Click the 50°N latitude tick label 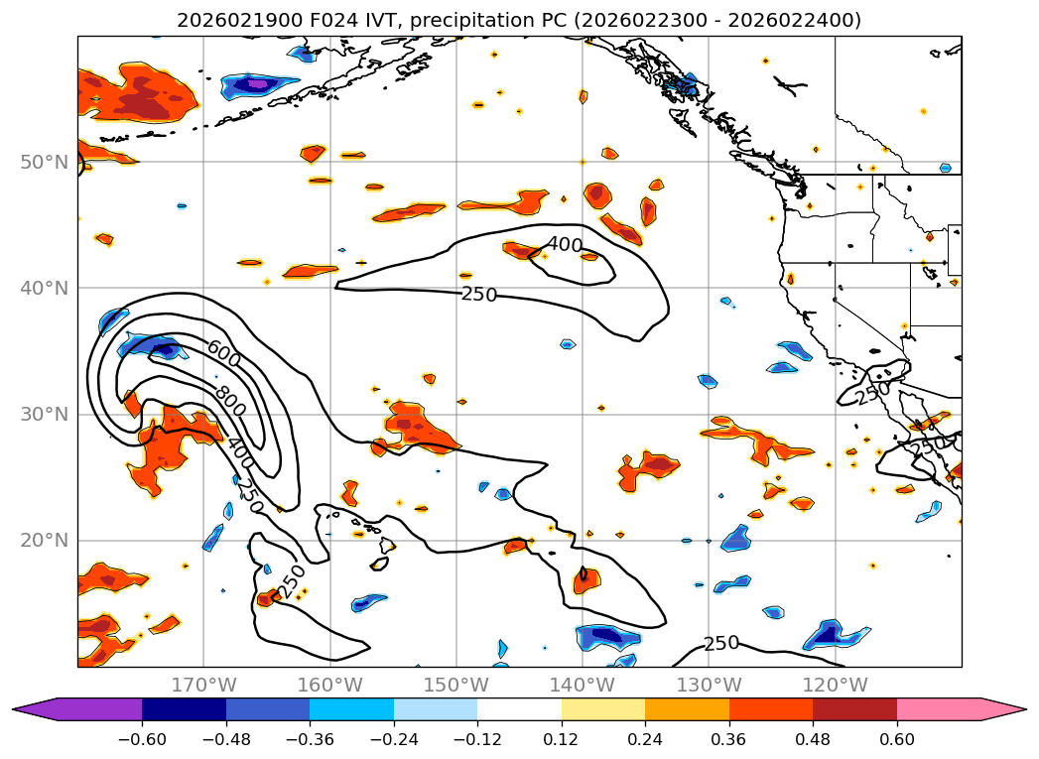45,162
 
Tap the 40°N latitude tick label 45,288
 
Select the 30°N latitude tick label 45,414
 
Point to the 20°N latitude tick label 45,541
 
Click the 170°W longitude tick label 203,685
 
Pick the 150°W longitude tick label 455,685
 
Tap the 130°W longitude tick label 709,685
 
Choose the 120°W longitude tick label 835,685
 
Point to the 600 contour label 224,351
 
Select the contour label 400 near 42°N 565,244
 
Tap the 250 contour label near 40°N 479,294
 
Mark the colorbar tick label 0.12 562,741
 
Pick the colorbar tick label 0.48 813,741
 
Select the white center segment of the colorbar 519,709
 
